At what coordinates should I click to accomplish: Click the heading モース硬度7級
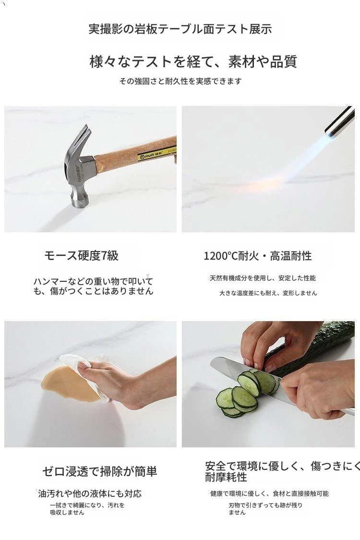pyautogui.click(x=81, y=255)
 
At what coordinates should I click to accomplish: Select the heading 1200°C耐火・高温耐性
pyautogui.click(x=258, y=256)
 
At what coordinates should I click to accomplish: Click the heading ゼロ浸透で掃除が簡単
pyautogui.click(x=100, y=471)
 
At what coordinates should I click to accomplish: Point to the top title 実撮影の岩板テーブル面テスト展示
pyautogui.click(x=180, y=29)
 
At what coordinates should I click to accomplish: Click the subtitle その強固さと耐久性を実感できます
pyautogui.click(x=180, y=81)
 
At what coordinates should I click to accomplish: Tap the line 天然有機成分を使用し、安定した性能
pyautogui.click(x=263, y=278)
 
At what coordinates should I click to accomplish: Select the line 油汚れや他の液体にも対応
pyautogui.click(x=90, y=493)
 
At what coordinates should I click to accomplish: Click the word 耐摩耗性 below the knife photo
pyautogui.click(x=226, y=477)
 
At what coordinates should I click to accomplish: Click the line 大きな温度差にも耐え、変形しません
pyautogui.click(x=268, y=293)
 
